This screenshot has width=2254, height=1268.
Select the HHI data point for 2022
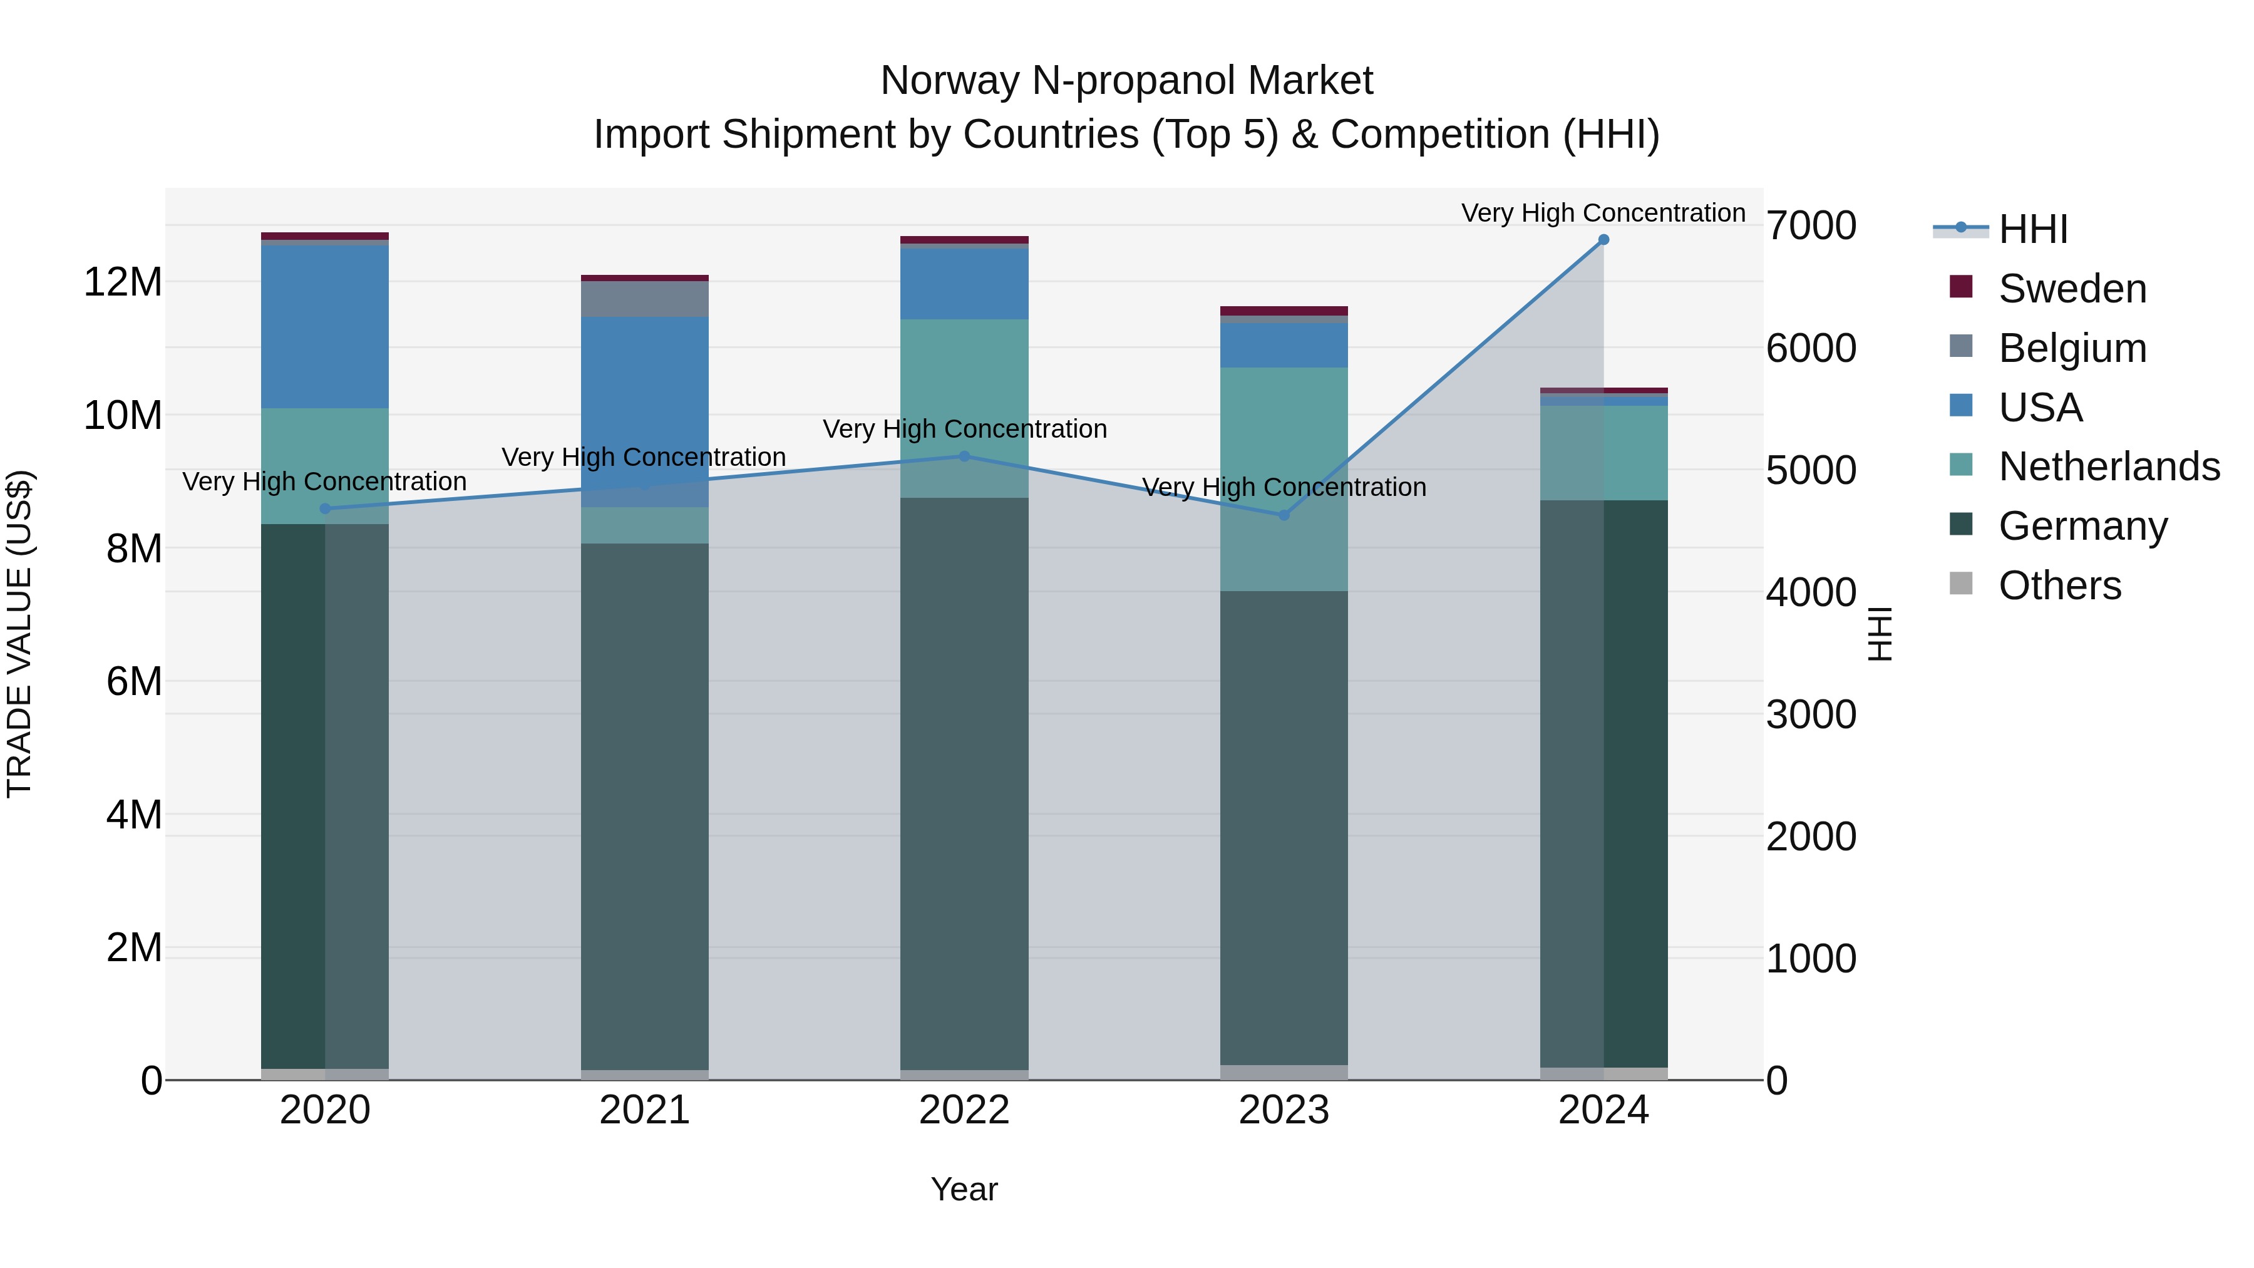964,456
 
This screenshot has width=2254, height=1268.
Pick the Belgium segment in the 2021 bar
645,299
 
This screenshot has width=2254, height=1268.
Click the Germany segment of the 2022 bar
964,783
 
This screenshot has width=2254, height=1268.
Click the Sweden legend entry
2071,289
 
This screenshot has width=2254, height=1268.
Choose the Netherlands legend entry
2108,466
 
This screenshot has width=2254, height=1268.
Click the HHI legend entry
2032,229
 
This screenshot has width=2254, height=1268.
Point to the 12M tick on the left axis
123,282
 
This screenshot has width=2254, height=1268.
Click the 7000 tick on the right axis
1810,226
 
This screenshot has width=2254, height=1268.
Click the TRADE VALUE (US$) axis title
20,634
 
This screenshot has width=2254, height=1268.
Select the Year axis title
964,1189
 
